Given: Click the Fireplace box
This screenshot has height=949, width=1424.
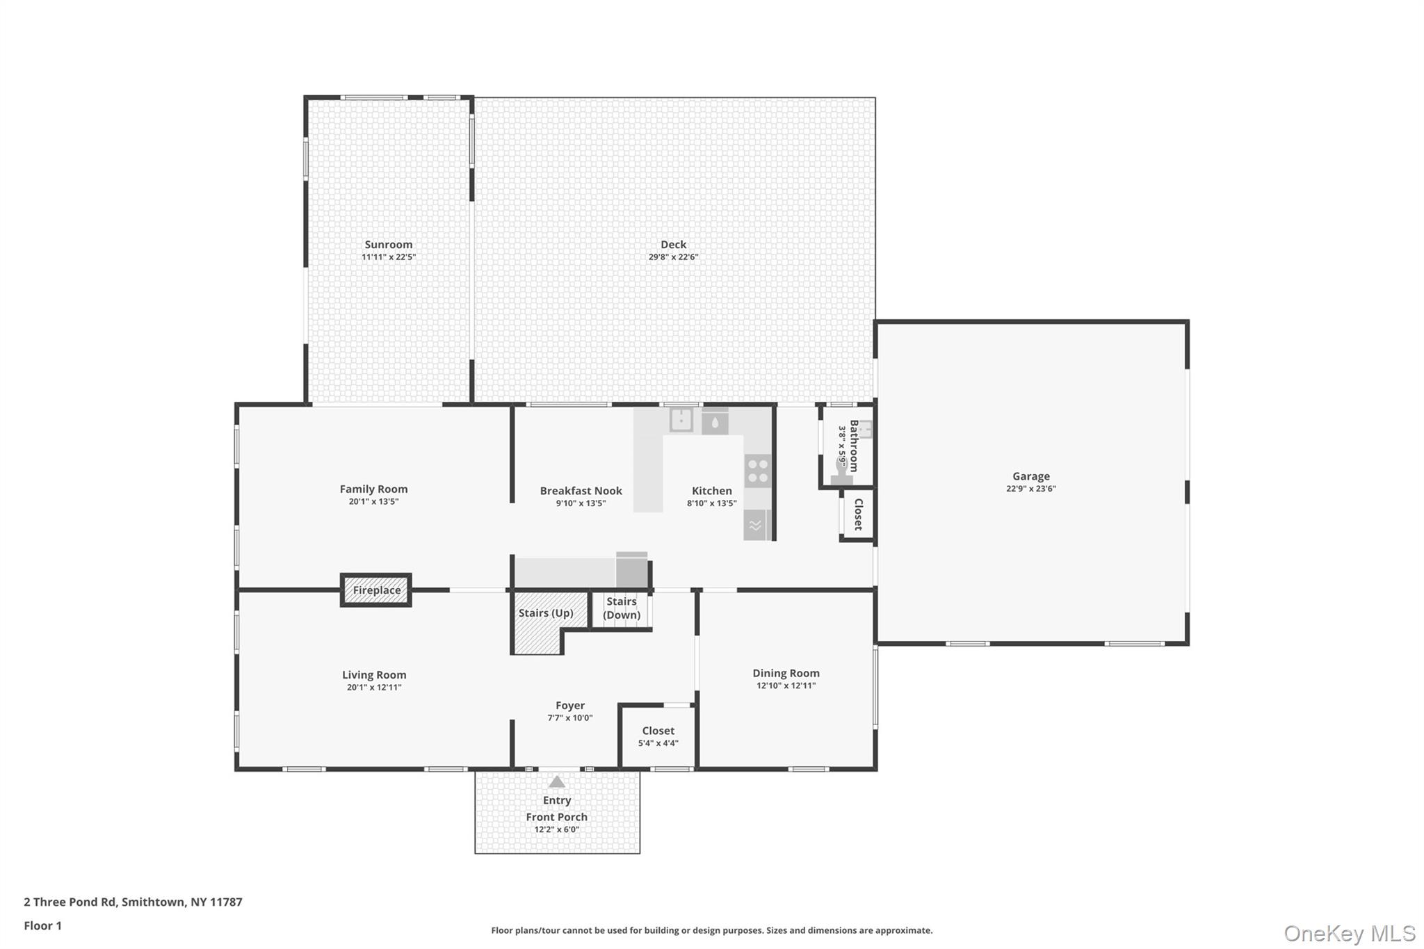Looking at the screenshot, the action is point(375,590).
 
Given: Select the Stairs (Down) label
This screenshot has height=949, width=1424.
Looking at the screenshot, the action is point(622,608).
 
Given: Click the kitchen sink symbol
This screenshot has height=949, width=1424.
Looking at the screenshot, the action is point(681,419).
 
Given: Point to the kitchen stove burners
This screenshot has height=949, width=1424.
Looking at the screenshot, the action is point(758,471).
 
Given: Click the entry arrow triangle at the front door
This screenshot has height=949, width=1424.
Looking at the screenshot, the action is point(557,781).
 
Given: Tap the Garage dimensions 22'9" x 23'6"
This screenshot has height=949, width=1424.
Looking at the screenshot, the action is point(1031,489).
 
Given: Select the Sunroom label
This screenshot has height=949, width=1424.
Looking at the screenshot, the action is point(389,245).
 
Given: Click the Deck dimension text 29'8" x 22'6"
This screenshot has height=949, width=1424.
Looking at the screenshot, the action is point(673,257).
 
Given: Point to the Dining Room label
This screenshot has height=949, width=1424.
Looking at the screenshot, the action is point(786,673).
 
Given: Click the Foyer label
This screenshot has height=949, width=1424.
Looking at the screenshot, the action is point(570,706).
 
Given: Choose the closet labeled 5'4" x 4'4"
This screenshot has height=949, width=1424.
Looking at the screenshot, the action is point(658,737).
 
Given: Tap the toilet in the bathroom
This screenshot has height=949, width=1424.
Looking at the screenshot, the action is point(841,471).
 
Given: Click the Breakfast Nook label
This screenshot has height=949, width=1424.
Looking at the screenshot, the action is point(581,491).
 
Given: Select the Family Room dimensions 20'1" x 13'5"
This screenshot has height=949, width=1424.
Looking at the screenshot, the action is point(373,502).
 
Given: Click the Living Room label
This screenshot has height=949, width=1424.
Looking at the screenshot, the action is point(374,675).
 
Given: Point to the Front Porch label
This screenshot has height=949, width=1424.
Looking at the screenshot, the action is point(557,817).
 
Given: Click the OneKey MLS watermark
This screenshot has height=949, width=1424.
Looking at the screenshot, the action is point(1350,933).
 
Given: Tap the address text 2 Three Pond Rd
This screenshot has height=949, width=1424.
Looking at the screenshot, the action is point(70,902).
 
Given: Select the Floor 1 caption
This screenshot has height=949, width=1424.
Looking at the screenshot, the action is point(43,925).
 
